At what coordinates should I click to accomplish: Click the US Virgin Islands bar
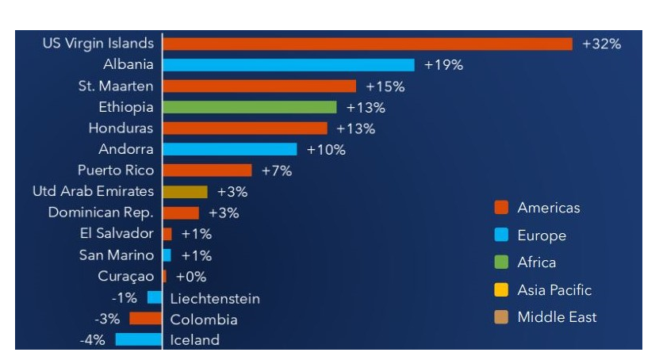click(x=367, y=44)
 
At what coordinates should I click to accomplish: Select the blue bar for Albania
click(x=289, y=65)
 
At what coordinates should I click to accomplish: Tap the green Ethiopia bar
click(x=250, y=107)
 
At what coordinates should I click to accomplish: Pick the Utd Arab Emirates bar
click(x=185, y=192)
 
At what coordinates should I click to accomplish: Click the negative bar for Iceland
click(x=138, y=339)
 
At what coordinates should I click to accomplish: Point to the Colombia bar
click(x=145, y=319)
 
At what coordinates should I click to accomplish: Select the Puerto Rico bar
click(x=207, y=170)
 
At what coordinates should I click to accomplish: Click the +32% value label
click(x=601, y=44)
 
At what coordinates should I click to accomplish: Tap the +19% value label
click(x=443, y=65)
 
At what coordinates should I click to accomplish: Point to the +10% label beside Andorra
click(x=326, y=150)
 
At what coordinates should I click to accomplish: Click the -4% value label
click(x=93, y=340)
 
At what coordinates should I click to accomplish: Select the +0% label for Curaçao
click(x=190, y=277)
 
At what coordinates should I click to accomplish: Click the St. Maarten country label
click(x=116, y=86)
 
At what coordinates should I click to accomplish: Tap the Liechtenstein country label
click(x=215, y=299)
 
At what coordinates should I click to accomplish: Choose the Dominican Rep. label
click(x=101, y=213)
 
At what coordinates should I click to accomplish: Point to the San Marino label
click(x=116, y=255)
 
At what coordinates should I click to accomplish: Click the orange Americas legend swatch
click(x=501, y=208)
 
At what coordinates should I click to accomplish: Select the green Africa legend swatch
click(x=501, y=262)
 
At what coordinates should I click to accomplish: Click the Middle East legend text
click(x=557, y=317)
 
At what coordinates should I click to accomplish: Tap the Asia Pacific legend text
click(x=554, y=290)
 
